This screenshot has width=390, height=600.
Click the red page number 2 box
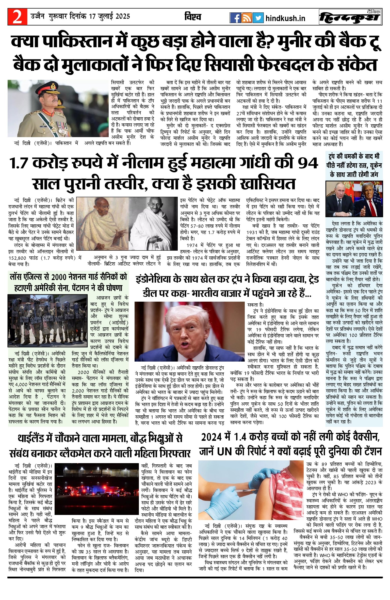pyautogui.click(x=17, y=17)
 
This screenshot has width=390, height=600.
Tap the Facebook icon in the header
pyautogui.click(x=235, y=18)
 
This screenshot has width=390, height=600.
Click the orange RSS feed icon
pyautogui.click(x=247, y=18)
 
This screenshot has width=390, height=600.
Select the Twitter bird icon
pyautogui.click(x=258, y=18)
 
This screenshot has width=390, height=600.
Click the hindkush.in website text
pyautogui.click(x=285, y=18)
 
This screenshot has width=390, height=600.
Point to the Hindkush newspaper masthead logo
pyautogui.click(x=350, y=17)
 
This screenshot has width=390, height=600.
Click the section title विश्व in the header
pyautogui.click(x=193, y=17)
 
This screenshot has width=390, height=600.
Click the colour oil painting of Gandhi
pyautogui.click(x=103, y=223)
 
